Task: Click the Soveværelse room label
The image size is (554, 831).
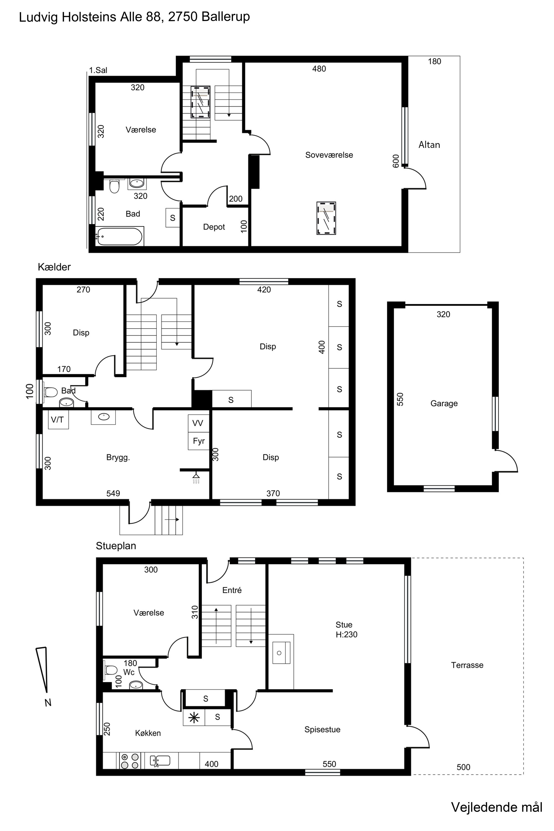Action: coord(329,155)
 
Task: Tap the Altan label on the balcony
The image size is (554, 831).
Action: coord(429,145)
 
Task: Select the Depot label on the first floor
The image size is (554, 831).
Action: coord(214,227)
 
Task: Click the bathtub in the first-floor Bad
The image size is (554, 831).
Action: coord(120,236)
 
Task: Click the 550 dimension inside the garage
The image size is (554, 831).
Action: coord(400,399)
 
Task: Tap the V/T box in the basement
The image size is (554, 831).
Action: coord(58,419)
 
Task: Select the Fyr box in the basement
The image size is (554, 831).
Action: coord(199,441)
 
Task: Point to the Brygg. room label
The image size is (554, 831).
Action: coord(118,457)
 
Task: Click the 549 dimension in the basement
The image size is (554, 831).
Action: coord(113,493)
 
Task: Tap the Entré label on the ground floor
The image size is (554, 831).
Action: coord(232,590)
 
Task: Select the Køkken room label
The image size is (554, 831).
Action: coord(148,733)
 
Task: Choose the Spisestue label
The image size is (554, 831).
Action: coord(322,729)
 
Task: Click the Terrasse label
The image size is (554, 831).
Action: coord(467,665)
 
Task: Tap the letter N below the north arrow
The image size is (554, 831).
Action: coord(48,702)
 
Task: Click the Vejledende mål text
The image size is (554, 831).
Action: coord(496,807)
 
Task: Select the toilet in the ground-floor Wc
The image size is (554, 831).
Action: coord(110,670)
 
